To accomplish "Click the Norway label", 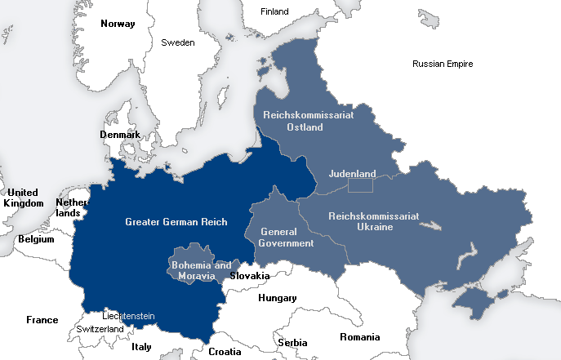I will [x=117, y=24].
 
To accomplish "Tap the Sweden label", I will [x=177, y=42].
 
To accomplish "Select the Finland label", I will [x=274, y=11].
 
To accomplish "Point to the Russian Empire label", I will [x=443, y=64].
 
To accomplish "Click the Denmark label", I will [x=119, y=135].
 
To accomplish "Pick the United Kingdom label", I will [x=23, y=198].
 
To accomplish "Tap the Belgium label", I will [x=35, y=240].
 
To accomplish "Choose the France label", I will [x=42, y=320].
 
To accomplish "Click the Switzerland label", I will [x=100, y=329].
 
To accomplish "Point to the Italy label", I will [x=141, y=347].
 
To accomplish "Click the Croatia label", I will [x=225, y=352].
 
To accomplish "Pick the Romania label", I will [x=360, y=337].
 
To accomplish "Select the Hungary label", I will [x=277, y=298].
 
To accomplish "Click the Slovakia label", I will [x=249, y=276].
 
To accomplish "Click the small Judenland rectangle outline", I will [x=360, y=186].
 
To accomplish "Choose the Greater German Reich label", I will [x=176, y=222].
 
